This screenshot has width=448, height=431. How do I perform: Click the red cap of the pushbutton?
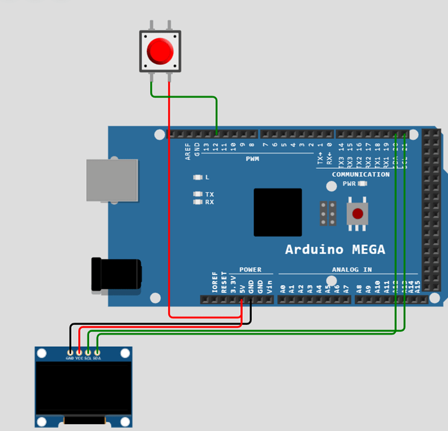(x=160, y=51)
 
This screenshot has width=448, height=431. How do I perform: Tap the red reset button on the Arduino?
(x=357, y=214)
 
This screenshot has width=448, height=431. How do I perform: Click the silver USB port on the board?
(x=111, y=180)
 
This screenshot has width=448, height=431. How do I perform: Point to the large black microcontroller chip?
(x=277, y=212)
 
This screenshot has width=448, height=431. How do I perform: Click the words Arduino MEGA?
(x=335, y=250)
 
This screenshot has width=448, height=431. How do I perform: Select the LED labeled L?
(x=198, y=178)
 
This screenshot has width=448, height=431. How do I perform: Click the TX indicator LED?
(x=198, y=194)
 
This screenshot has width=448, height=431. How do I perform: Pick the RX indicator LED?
(x=198, y=202)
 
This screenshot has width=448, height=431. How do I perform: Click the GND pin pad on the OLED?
(x=70, y=352)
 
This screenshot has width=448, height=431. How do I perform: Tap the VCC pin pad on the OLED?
(x=79, y=352)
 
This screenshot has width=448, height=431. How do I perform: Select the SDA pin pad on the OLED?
(x=97, y=352)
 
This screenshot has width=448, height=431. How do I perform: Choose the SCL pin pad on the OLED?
(x=88, y=352)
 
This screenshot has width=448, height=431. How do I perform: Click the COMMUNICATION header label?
(x=361, y=174)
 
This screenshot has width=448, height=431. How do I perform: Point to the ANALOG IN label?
(x=352, y=270)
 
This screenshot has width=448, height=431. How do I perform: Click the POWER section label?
(x=250, y=270)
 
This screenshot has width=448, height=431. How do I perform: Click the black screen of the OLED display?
(x=84, y=388)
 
